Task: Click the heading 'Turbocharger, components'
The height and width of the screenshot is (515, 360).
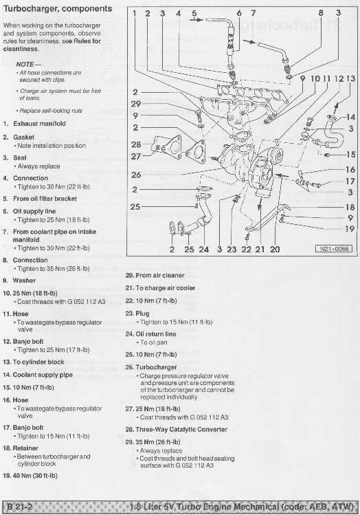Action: coord(58,9)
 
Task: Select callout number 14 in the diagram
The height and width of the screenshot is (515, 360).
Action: coord(350,117)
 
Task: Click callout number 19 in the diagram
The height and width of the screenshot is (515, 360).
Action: coord(350,229)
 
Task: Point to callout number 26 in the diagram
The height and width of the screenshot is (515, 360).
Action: coord(136,175)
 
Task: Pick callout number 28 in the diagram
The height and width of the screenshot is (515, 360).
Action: coord(136,144)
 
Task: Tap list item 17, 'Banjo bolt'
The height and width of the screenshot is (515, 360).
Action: coord(30,428)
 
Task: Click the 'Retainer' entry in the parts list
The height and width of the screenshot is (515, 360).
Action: coord(27,447)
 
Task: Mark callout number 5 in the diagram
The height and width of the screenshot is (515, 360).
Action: coord(194,13)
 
